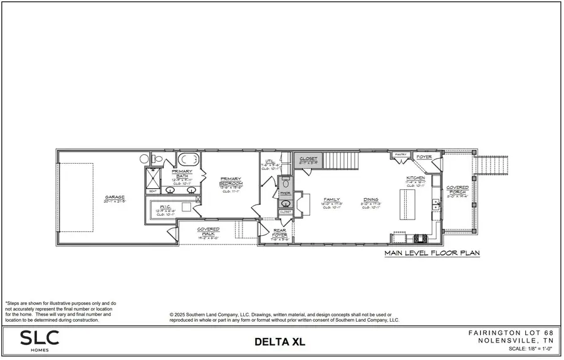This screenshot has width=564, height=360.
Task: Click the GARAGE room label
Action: click(x=115, y=198)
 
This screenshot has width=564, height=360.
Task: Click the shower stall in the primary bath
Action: click(x=153, y=179)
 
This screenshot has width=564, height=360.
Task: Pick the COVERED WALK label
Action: click(x=208, y=231)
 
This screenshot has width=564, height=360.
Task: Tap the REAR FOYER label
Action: click(x=279, y=233)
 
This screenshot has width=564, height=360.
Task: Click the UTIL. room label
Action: click(x=270, y=162)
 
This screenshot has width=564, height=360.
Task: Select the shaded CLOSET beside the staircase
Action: click(x=308, y=159)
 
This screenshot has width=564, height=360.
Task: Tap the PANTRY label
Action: click(x=400, y=154)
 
